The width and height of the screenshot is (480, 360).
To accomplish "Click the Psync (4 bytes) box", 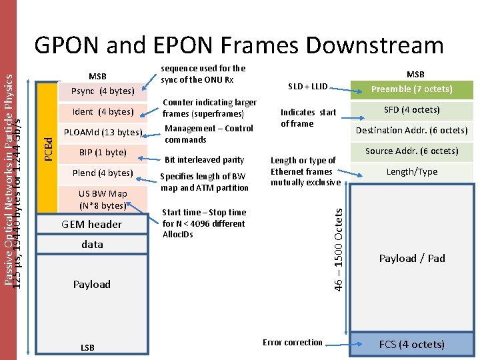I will [103, 91].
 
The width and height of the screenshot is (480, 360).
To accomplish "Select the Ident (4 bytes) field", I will [103, 111].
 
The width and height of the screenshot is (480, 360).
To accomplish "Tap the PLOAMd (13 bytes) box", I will [103, 132].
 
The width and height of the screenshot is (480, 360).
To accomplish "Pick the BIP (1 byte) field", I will [103, 152].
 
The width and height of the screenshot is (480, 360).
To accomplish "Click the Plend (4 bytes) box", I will [103, 173].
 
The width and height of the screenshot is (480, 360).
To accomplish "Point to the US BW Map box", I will [103, 199].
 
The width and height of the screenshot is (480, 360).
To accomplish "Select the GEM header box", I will [92, 224].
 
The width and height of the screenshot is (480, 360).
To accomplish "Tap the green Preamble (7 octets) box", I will [411, 89].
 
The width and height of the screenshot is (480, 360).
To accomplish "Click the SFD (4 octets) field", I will [411, 109].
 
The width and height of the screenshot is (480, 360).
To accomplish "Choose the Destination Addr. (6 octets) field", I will [411, 130].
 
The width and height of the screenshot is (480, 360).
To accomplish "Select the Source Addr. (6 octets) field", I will [411, 151].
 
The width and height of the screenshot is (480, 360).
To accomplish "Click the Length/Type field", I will [411, 171].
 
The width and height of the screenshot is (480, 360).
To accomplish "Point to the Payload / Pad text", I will [411, 258].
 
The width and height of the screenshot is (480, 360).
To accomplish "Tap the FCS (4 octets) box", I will [411, 344].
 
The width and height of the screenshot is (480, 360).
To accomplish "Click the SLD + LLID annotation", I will [307, 87].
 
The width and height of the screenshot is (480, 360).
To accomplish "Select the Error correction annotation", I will [292, 342].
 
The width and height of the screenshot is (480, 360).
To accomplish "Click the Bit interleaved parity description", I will [205, 159].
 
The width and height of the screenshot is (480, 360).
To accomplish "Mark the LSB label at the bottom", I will [87, 347].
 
